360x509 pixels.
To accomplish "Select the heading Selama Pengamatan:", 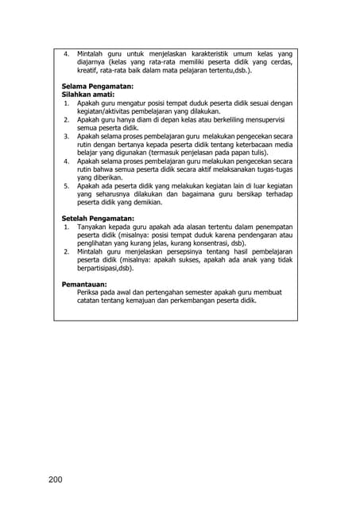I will (97, 86).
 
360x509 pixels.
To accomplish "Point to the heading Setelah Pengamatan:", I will (98, 219).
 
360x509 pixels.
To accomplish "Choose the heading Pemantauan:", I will (84, 284).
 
